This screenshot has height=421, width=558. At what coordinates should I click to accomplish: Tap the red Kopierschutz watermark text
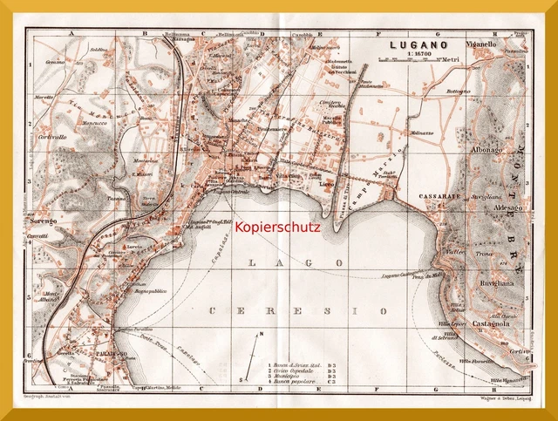pyautogui.click(x=278, y=227)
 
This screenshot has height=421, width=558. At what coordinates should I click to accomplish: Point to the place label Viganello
pyautogui.click(x=481, y=43)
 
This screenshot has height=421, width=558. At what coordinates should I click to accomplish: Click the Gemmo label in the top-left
pyautogui.click(x=57, y=62)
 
